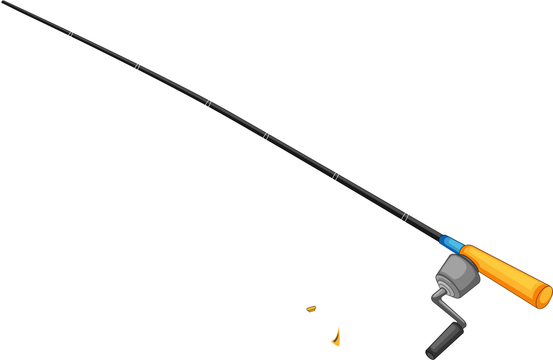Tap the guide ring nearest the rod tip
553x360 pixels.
[69, 36]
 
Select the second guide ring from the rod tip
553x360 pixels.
[137, 68]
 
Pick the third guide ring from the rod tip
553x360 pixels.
[207, 105]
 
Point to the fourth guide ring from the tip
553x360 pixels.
[266, 138]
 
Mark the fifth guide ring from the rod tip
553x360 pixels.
[336, 177]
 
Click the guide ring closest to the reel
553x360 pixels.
[404, 218]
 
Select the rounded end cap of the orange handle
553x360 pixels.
[544, 296]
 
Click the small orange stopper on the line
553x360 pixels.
[312, 309]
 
